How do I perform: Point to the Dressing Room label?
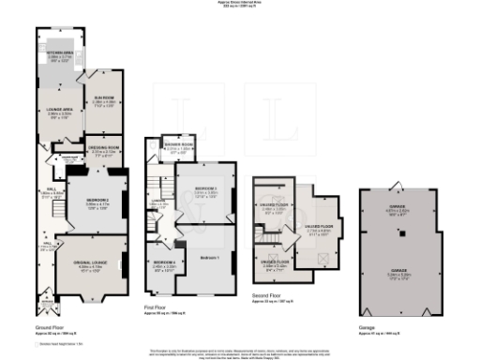(x=105, y=150)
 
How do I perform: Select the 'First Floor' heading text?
(x=157, y=306)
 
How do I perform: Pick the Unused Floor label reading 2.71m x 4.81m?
(x=322, y=228)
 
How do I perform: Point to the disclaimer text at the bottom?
(x=240, y=352)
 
